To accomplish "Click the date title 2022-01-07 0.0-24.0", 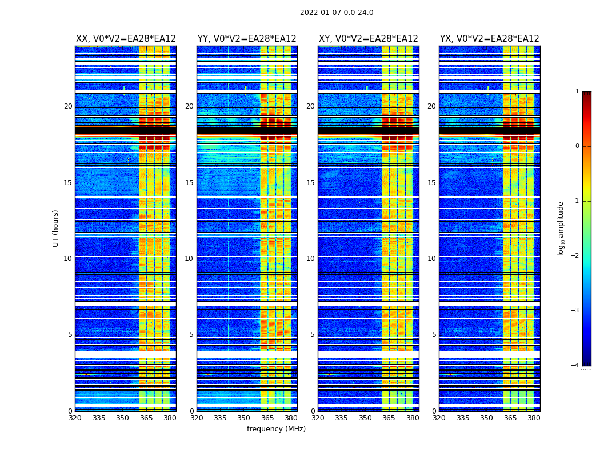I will pyautogui.click(x=337, y=13).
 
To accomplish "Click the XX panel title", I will pyautogui.click(x=126, y=39).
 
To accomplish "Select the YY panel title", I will pyautogui.click(x=247, y=39).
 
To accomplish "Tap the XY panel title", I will pyautogui.click(x=368, y=39).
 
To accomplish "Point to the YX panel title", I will pyautogui.click(x=489, y=39).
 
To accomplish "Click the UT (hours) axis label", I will pyautogui.click(x=56, y=228).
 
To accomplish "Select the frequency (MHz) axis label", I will pyautogui.click(x=276, y=429).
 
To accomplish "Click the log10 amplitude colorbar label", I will pyautogui.click(x=561, y=228).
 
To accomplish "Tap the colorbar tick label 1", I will pyautogui.click(x=577, y=91).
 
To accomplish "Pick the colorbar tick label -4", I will pyautogui.click(x=575, y=366).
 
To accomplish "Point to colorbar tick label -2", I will pyautogui.click(x=575, y=256).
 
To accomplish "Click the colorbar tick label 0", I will pyautogui.click(x=577, y=146).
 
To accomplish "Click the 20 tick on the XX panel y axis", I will pyautogui.click(x=68, y=106).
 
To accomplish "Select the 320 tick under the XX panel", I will pyautogui.click(x=75, y=418).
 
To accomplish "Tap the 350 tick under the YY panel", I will pyautogui.click(x=244, y=418).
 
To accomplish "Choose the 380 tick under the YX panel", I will pyautogui.click(x=534, y=418).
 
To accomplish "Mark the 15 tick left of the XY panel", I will pyautogui.click(x=310, y=183).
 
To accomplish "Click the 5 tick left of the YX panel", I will pyautogui.click(x=434, y=335).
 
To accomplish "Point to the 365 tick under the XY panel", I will pyautogui.click(x=389, y=418).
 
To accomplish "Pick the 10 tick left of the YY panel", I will pyautogui.click(x=189, y=259).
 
